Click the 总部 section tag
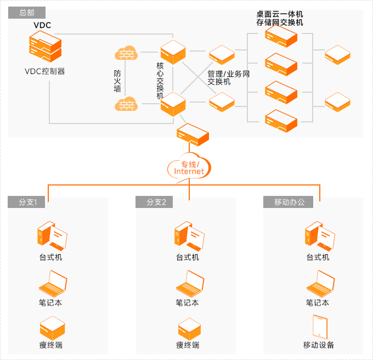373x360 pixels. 26,13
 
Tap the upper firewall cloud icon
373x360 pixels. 126,54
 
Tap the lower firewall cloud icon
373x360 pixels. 126,103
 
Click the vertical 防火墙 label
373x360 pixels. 117,81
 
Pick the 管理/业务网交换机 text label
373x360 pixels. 228,77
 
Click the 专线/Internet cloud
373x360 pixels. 189,168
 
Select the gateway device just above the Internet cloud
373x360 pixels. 191,133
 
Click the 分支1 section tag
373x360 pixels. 28,202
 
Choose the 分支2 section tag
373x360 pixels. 156,202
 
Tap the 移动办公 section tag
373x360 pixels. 293,202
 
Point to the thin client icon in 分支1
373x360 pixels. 53,328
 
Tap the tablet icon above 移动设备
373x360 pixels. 319,327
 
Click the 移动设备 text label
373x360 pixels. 319,345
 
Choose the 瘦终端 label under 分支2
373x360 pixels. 188,345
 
